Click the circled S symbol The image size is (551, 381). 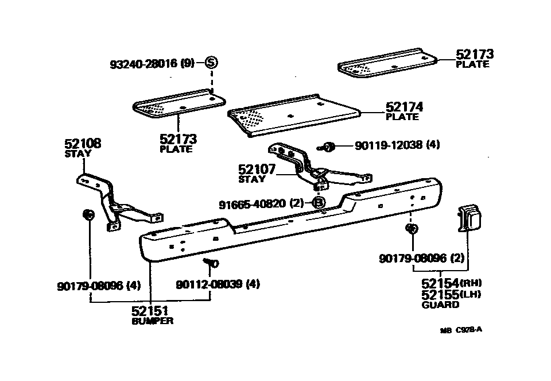coord(211,63)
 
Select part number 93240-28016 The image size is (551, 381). coord(145,64)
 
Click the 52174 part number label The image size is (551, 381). coord(404,106)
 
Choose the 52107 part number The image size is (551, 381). coord(257,170)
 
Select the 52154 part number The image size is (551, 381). coord(440,283)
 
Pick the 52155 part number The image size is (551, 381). coord(440,294)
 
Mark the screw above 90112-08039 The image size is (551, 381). coord(210,263)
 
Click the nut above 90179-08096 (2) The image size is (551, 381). coord(411,229)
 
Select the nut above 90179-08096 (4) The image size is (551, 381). coord(88,215)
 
